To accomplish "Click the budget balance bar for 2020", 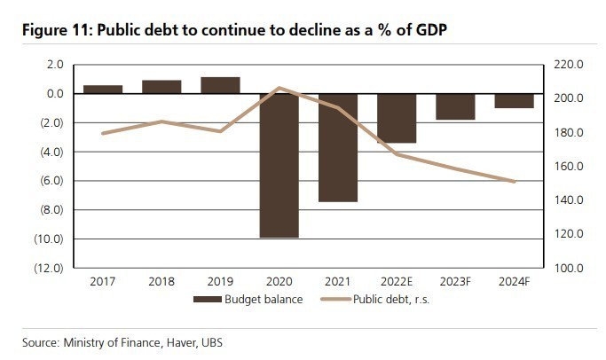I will pyautogui.click(x=279, y=165).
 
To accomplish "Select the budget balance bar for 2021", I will pyautogui.click(x=338, y=147).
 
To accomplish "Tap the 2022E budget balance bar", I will pyautogui.click(x=397, y=118).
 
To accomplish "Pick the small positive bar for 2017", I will pyautogui.click(x=103, y=89).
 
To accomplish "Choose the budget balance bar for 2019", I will pyautogui.click(x=220, y=85).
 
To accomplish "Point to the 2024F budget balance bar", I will pyautogui.click(x=514, y=100).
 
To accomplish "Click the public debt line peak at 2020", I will pyautogui.click(x=279, y=88).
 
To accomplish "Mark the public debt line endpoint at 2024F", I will pyautogui.click(x=514, y=182).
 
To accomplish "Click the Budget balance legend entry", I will pyautogui.click(x=249, y=299).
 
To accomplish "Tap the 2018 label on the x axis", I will pyautogui.click(x=161, y=281).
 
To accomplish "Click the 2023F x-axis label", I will pyautogui.click(x=454, y=281).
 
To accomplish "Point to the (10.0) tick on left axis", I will pyautogui.click(x=45, y=239).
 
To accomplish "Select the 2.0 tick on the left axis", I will pyautogui.click(x=53, y=65).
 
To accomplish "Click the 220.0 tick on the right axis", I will pyautogui.click(x=565, y=65).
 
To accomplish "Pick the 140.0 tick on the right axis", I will pyautogui.click(x=565, y=200).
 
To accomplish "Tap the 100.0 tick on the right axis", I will pyautogui.click(x=565, y=268).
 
